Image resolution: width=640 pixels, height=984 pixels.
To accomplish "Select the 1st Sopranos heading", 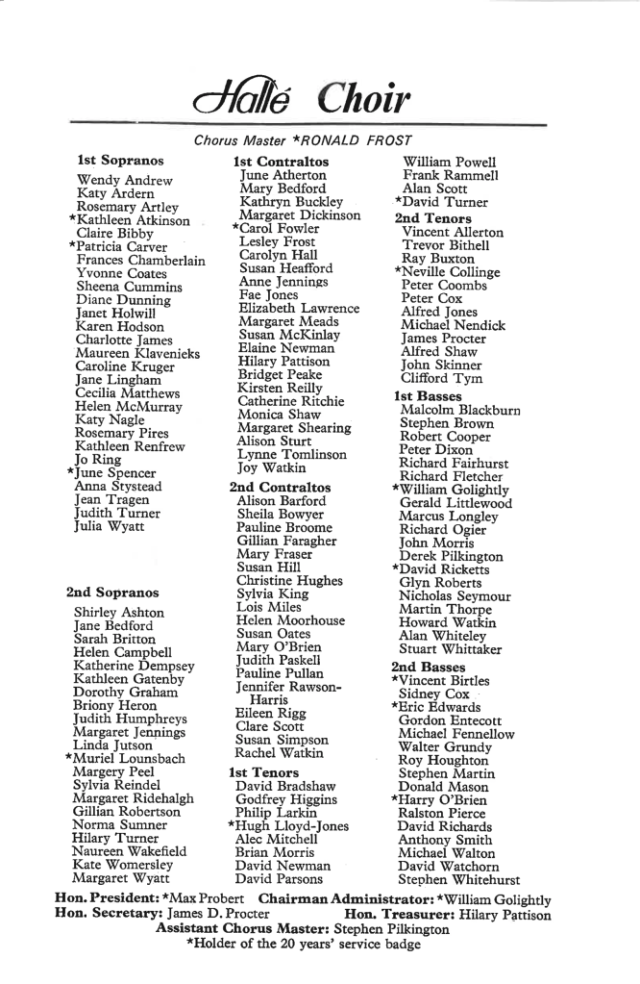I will [120, 160].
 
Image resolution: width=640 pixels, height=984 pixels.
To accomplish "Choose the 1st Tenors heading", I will [263, 772].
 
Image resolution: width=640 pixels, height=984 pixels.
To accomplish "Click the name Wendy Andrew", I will [124, 180].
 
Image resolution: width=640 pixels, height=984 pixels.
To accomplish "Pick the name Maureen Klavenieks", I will [137, 353].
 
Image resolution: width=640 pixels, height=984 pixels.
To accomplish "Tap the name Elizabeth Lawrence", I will [298, 308].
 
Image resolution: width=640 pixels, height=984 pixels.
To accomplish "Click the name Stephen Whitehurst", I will [459, 879].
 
